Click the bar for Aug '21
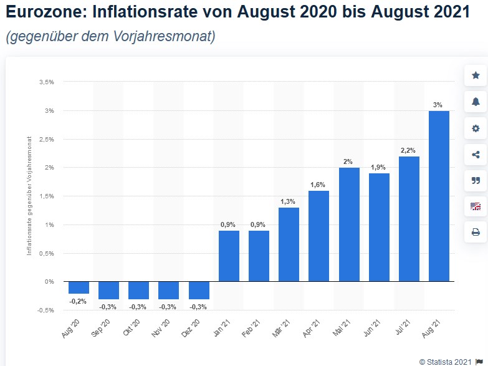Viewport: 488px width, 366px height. tap(439, 196)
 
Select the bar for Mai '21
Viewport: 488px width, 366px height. tap(349, 224)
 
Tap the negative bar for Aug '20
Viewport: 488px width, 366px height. tap(79, 287)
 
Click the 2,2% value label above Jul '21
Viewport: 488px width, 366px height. tap(409, 150)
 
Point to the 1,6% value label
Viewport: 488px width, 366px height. tap(318, 185)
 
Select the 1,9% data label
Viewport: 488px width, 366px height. tap(379, 167)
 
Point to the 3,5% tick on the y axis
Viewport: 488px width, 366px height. tap(46, 82)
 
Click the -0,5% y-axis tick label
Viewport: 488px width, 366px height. tap(45, 310)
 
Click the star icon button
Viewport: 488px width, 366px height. tap(476, 75)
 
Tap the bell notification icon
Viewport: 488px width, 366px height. tap(476, 102)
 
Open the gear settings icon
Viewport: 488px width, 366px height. tap(476, 128)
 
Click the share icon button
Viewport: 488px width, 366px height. tap(476, 155)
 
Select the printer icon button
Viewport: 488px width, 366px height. tap(476, 232)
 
